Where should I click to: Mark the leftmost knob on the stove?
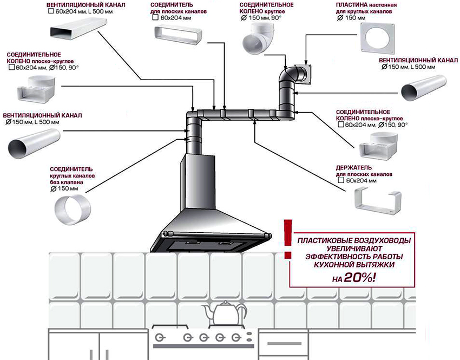pos(160,337)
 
